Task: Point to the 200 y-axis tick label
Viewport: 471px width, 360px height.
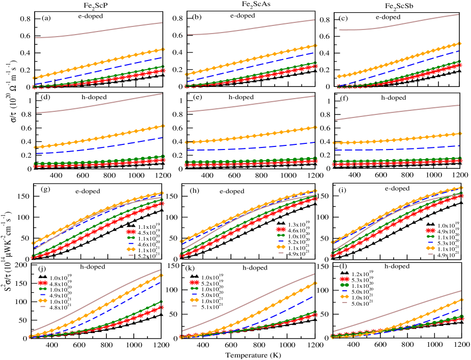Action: coord(22,265)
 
